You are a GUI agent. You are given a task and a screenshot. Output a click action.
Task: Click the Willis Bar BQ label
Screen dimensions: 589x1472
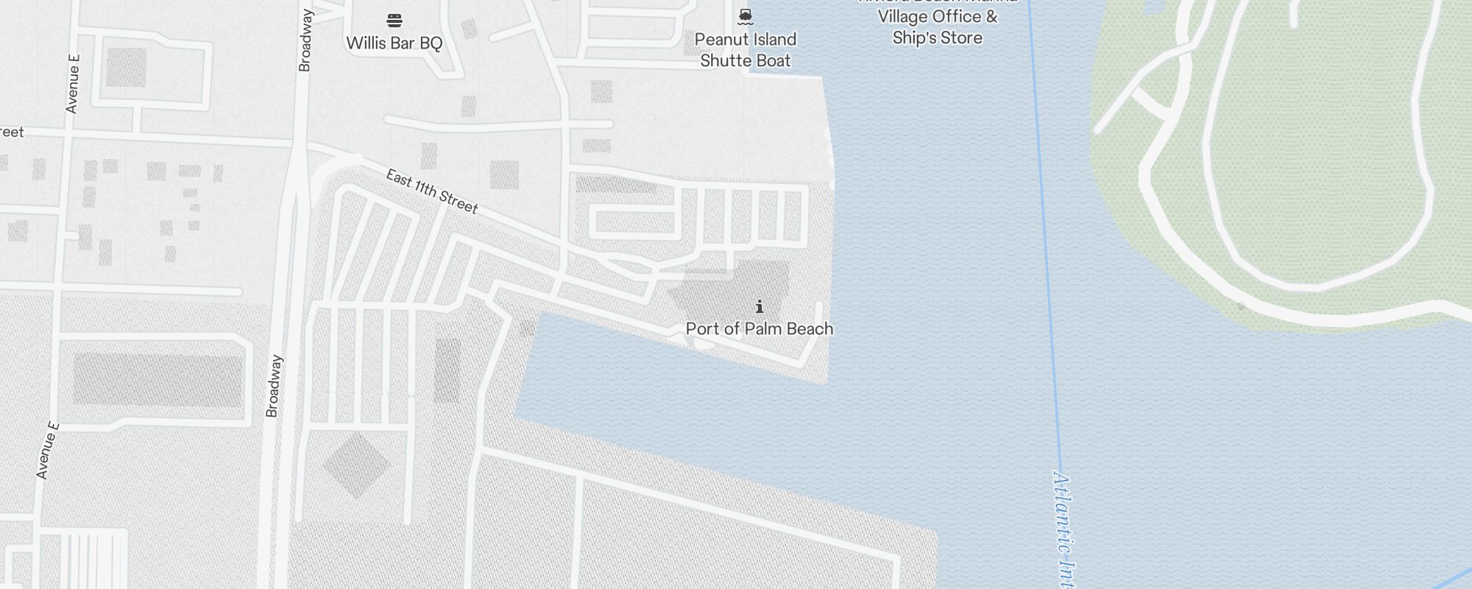[x=394, y=43]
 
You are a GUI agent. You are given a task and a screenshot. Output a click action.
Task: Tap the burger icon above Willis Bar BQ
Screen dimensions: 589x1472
[x=394, y=20]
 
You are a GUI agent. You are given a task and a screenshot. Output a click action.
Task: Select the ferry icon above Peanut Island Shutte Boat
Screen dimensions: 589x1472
[x=746, y=16]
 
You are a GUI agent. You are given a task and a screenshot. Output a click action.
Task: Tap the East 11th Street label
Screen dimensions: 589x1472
[x=432, y=191]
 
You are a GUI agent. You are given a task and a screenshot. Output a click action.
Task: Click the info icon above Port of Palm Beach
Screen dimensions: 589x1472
[x=760, y=306]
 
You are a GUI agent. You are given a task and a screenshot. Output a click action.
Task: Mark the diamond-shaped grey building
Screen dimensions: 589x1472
[x=355, y=465]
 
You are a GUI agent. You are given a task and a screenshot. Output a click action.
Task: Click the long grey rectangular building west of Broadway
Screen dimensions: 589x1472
[x=158, y=380]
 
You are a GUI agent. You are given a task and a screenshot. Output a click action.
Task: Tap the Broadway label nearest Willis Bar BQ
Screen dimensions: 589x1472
[x=305, y=40]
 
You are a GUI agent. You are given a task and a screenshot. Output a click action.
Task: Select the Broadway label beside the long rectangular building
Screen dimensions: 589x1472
[x=273, y=387]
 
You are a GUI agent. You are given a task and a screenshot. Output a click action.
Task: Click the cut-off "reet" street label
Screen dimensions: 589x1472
[x=12, y=133]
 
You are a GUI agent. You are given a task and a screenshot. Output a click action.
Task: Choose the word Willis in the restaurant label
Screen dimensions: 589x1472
[x=365, y=43]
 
